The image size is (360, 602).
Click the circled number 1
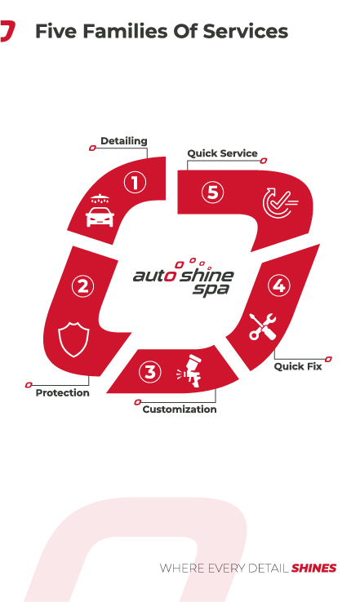click(x=135, y=183)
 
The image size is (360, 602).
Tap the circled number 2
click(x=82, y=286)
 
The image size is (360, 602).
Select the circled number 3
click(x=150, y=372)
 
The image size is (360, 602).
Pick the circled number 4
click(x=279, y=286)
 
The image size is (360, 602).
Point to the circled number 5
click(x=213, y=193)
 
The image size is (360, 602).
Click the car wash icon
click(x=100, y=210)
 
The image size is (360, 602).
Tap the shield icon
click(x=73, y=340)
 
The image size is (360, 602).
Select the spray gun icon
click(x=189, y=370)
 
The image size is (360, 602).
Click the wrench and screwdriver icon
click(x=262, y=326)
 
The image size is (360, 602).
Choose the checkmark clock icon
click(x=280, y=203)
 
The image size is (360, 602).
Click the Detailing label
click(x=124, y=141)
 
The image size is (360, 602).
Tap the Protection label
click(x=62, y=392)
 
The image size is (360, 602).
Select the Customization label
click(x=180, y=409)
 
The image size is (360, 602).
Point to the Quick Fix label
click(x=298, y=366)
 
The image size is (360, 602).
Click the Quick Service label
click(x=222, y=153)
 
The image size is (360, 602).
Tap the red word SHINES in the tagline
click(x=314, y=569)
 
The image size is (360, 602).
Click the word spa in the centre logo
click(x=211, y=290)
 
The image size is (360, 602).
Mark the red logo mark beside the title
click(x=7, y=31)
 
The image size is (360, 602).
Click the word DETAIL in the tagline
click(x=269, y=569)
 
